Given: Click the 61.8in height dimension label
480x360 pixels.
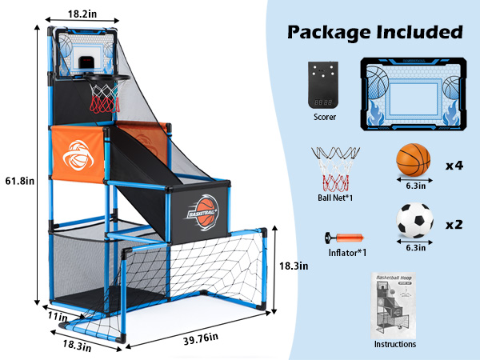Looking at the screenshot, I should coord(18,179).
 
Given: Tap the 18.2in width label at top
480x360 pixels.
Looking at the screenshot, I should coord(83,14).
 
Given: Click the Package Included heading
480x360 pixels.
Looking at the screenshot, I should coord(375,33).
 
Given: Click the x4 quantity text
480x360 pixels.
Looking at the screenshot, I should coord(454,165).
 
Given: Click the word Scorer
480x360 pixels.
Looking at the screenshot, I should coord(325,117).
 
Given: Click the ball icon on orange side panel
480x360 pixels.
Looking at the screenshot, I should coord(81,157).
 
